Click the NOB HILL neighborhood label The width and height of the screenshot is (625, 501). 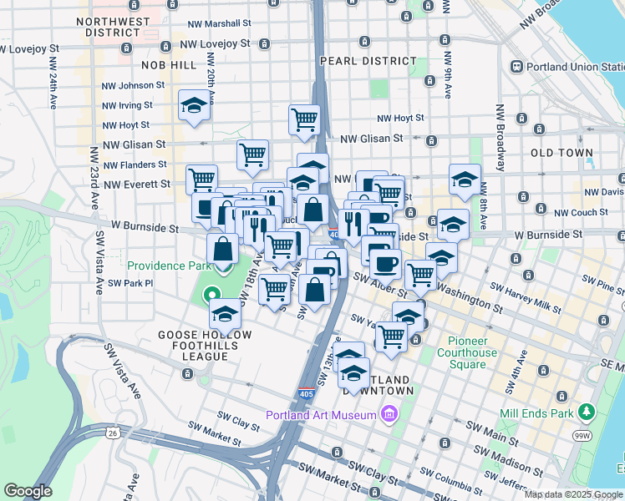click(x=150, y=65)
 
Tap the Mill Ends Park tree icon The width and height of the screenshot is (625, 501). click(x=587, y=412)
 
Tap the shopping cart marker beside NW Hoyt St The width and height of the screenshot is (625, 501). click(x=304, y=119)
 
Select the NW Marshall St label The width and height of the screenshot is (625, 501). click(x=220, y=25)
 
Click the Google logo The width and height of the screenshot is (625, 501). click(x=28, y=491)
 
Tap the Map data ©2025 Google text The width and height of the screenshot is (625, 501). click(x=573, y=494)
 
